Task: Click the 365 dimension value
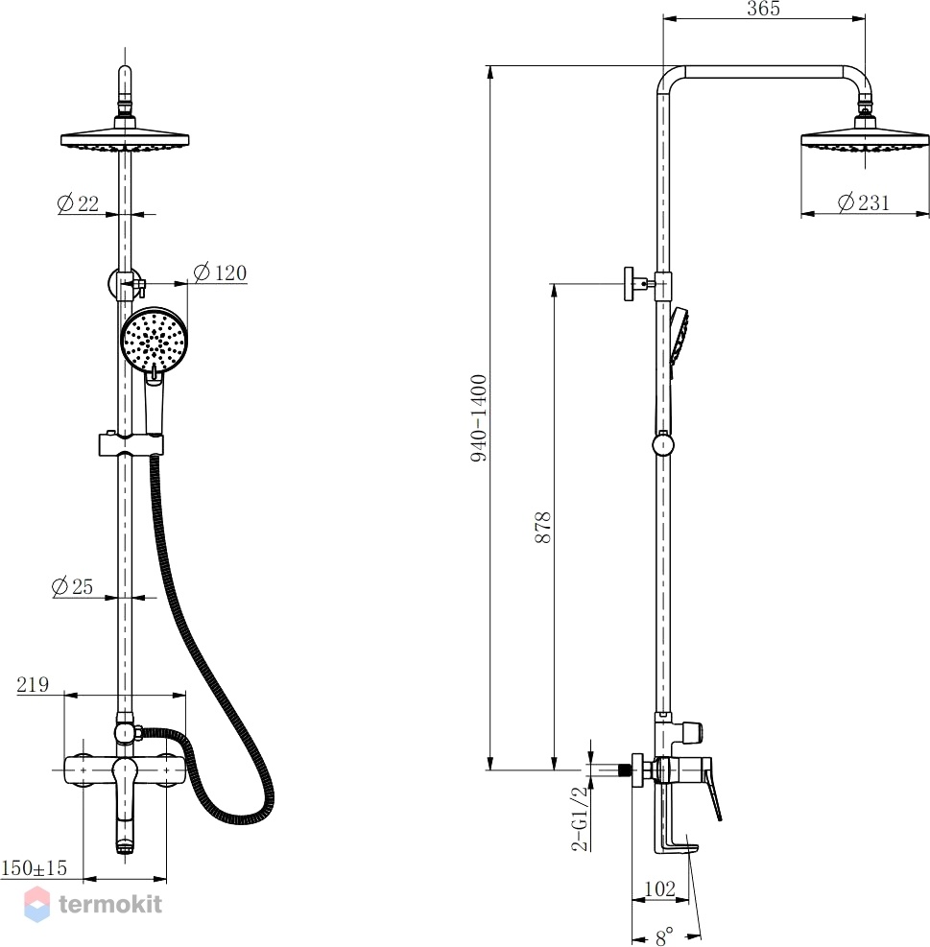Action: click(x=763, y=9)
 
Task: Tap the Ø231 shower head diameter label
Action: click(x=864, y=202)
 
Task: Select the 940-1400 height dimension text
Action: click(x=479, y=418)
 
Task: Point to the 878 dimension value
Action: click(x=543, y=528)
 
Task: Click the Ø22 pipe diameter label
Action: click(x=78, y=203)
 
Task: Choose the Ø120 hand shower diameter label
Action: click(x=220, y=273)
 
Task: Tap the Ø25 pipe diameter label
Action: click(x=73, y=586)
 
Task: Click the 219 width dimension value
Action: click(x=33, y=684)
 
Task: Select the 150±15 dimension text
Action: click(x=35, y=868)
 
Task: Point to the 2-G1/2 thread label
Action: click(x=580, y=818)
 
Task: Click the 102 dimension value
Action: click(x=660, y=888)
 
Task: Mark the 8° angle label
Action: click(x=664, y=936)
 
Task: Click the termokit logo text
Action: click(x=110, y=904)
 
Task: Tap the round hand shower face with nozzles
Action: click(x=155, y=341)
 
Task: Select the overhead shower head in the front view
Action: click(x=125, y=138)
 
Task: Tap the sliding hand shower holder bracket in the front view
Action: click(x=131, y=444)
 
